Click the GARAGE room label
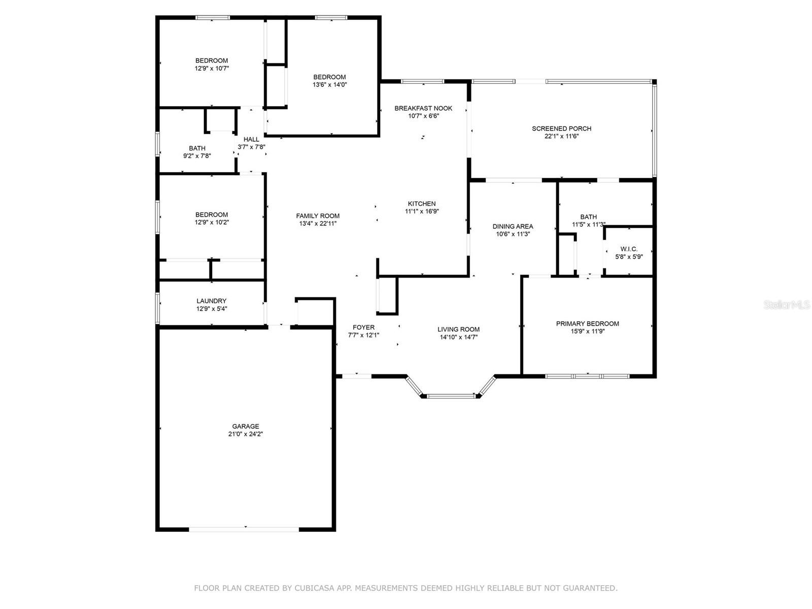[x=245, y=426]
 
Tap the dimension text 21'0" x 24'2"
[x=245, y=434]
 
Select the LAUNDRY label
[x=211, y=301]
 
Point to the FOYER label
[x=363, y=327]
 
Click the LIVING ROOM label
[x=458, y=329]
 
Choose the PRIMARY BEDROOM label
[x=588, y=324]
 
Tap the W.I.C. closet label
[x=629, y=249]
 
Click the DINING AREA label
[x=513, y=226]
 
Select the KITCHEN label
[x=422, y=204]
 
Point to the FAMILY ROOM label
[x=318, y=216]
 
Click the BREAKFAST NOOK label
[x=423, y=108]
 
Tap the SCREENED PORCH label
[x=562, y=129]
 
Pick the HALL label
[x=251, y=140]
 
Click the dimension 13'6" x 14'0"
[x=329, y=85]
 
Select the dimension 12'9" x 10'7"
[x=212, y=69]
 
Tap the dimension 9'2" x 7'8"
[x=197, y=156]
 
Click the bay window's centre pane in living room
[x=451, y=396]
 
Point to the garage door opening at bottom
[x=244, y=529]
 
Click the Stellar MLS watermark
[x=787, y=305]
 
